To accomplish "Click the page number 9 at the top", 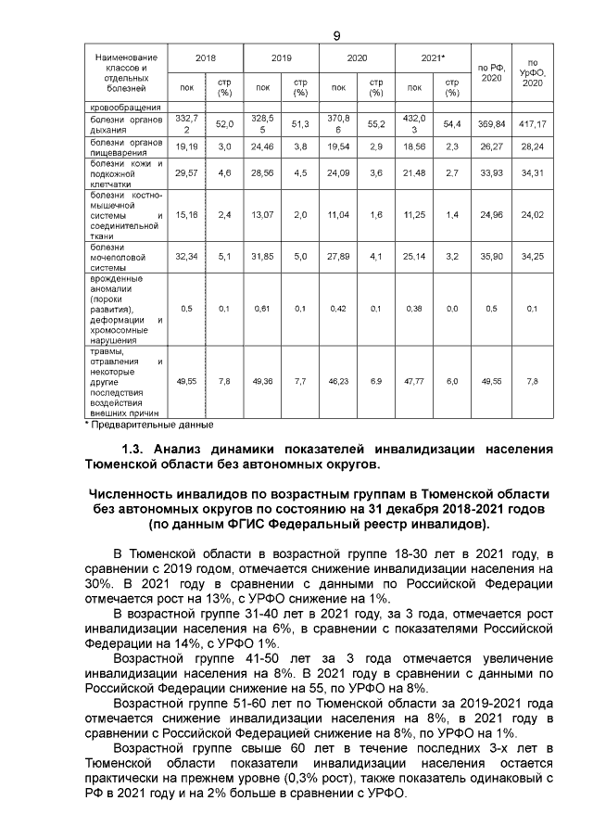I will [336, 35].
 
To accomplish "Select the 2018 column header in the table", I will [206, 57].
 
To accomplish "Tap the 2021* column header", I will [433, 57].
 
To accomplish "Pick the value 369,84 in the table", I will [491, 123].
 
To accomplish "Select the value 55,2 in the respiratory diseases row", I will [375, 123].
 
